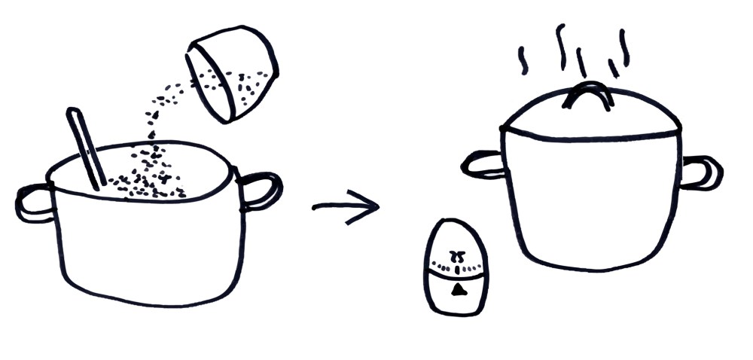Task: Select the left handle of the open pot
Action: pyautogui.click(x=34, y=202)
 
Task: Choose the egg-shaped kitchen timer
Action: pyautogui.click(x=456, y=268)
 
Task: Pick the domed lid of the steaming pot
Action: pyautogui.click(x=592, y=117)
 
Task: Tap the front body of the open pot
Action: pyautogui.click(x=151, y=249)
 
